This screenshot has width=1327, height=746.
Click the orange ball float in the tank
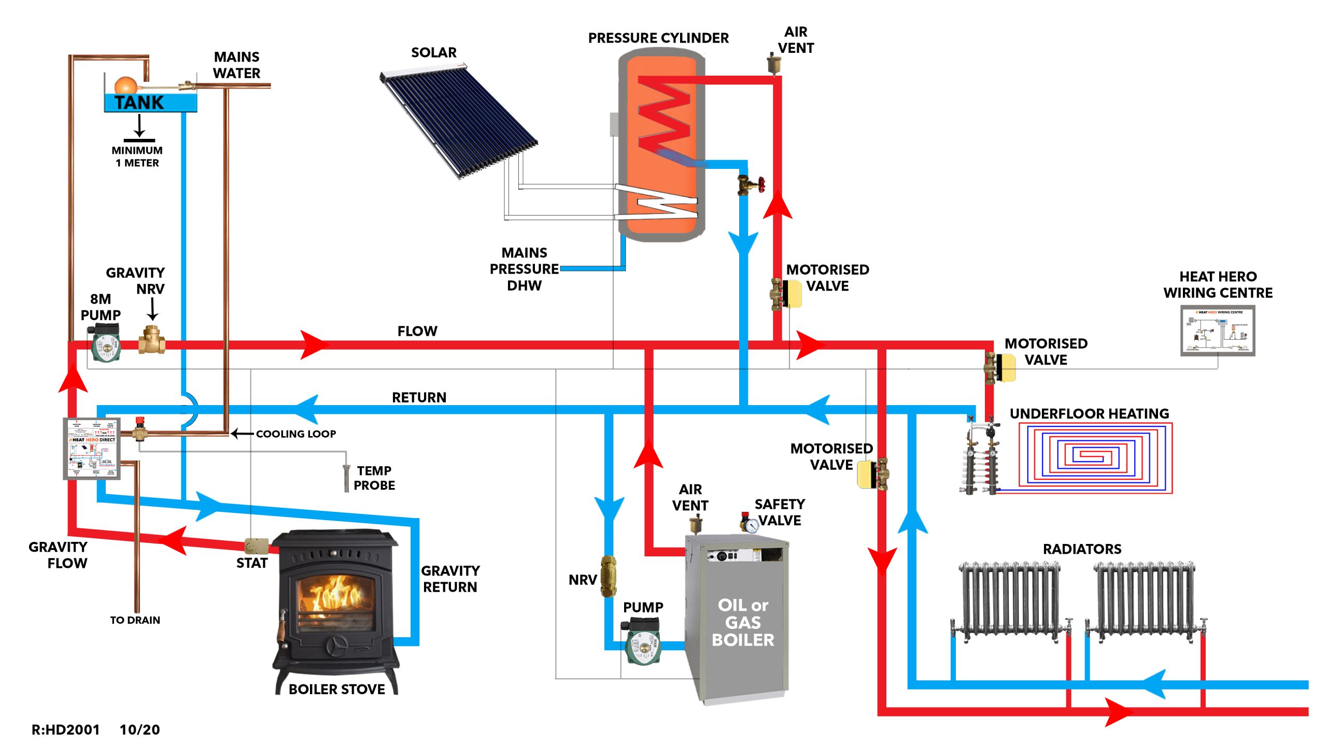pyautogui.click(x=125, y=85)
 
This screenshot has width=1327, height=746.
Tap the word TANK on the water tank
pyautogui.click(x=139, y=103)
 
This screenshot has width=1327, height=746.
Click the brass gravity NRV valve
pyautogui.click(x=151, y=340)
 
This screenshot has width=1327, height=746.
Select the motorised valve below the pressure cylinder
pyautogui.click(x=786, y=294)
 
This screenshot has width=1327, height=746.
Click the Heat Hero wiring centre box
pyautogui.click(x=1218, y=331)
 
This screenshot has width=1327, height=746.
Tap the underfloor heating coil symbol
pyautogui.click(x=1095, y=457)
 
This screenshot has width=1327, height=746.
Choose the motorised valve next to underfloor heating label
pyautogui.click(x=1000, y=367)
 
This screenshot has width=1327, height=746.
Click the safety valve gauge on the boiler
pyautogui.click(x=750, y=524)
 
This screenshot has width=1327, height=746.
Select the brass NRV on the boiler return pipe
pyautogui.click(x=609, y=576)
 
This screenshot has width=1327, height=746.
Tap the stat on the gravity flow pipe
pyautogui.click(x=256, y=546)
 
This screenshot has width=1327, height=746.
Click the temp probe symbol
pyautogui.click(x=346, y=478)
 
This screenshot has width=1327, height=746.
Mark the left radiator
pyautogui.click(x=1009, y=601)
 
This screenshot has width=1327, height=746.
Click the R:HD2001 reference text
pyautogui.click(x=65, y=729)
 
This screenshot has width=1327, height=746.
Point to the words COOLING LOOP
pyautogui.click(x=295, y=434)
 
